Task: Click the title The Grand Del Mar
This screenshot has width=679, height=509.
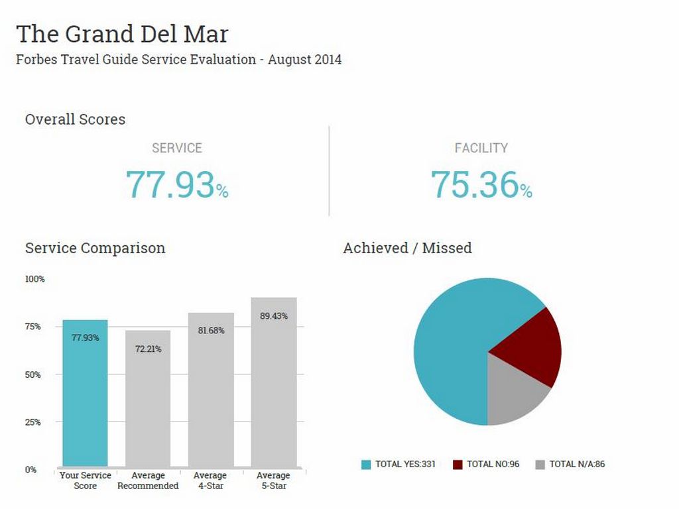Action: (122, 34)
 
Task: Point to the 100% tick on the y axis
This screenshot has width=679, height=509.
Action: (35, 279)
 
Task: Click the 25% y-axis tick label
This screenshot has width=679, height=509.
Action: (33, 422)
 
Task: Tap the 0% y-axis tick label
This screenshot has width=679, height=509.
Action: (31, 470)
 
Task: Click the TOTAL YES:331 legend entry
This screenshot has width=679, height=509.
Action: (398, 464)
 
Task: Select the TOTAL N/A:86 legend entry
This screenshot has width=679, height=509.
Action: (570, 464)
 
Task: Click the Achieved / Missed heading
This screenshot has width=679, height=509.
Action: (407, 248)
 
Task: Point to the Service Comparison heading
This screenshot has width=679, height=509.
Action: (95, 248)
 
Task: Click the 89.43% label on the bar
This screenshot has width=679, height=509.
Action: (273, 316)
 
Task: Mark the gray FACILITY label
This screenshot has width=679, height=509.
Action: (481, 148)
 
